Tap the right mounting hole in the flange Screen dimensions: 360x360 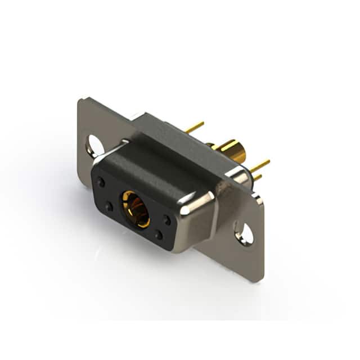[244, 233]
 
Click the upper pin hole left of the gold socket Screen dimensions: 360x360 [101, 182]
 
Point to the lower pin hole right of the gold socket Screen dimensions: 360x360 [159, 235]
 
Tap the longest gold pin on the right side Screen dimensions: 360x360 [259, 165]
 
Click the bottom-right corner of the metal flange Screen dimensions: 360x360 [260, 280]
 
